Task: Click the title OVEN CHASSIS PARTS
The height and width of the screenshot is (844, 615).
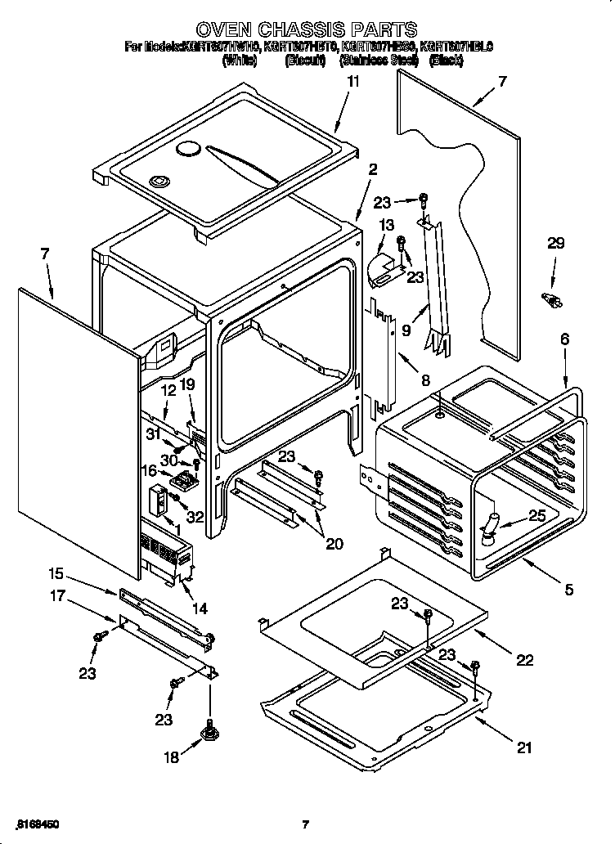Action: coord(307,31)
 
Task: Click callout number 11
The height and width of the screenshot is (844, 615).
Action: coord(352,81)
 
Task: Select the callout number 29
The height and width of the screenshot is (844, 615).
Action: coord(556,243)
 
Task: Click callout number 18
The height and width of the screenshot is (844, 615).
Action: coord(171,757)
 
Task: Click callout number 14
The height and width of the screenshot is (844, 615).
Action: coord(199,608)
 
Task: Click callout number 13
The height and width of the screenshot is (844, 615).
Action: coord(387,225)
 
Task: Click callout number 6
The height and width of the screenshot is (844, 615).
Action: coord(564,339)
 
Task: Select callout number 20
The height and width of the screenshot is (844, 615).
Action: coord(334,544)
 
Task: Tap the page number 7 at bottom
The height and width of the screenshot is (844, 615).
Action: coord(305,824)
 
